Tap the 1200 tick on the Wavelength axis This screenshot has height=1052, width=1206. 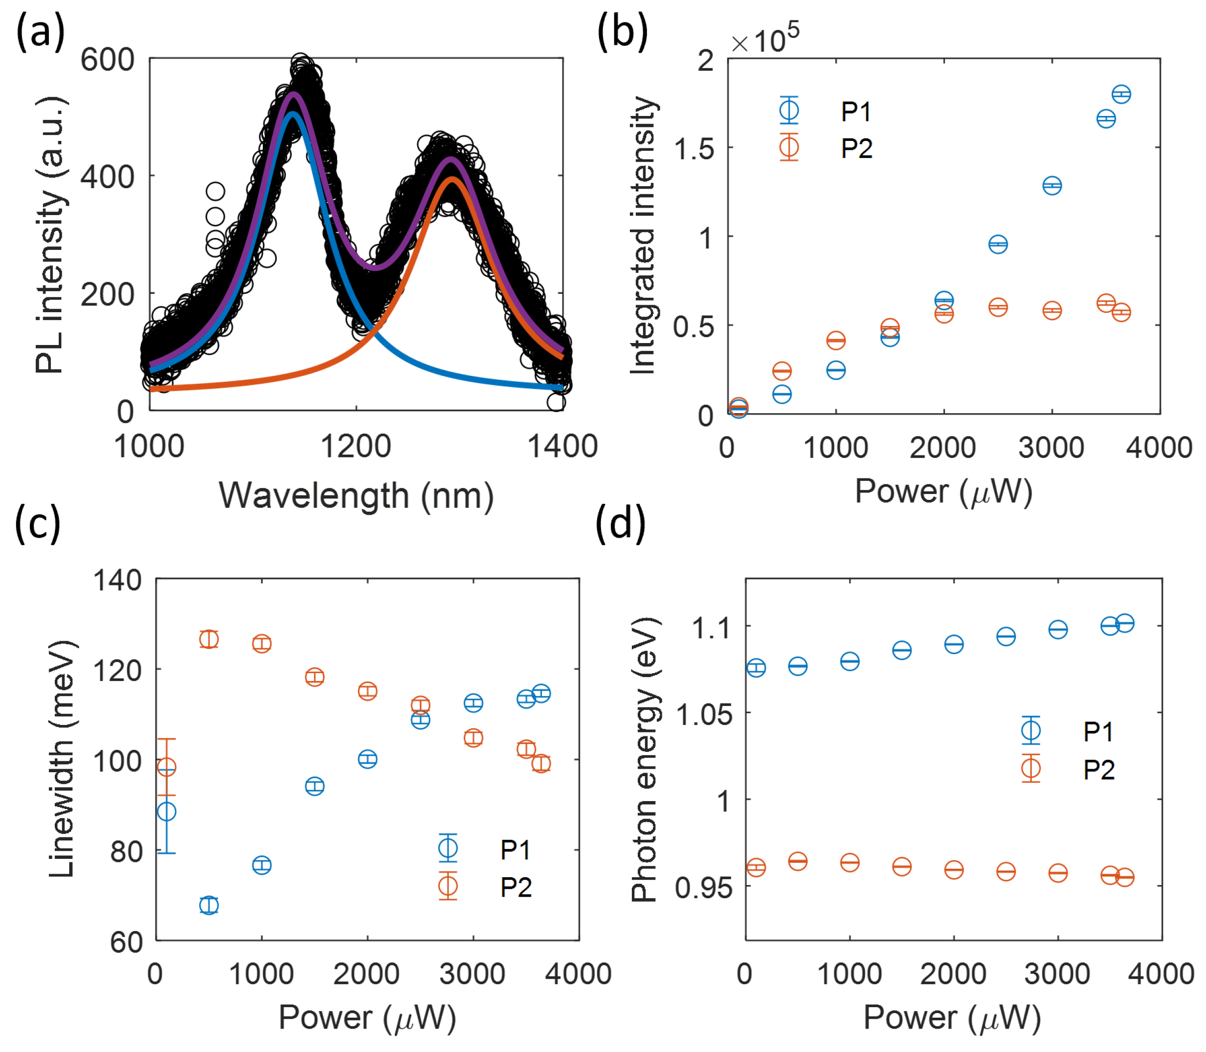tap(356, 446)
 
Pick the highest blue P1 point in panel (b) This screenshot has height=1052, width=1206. tap(1121, 94)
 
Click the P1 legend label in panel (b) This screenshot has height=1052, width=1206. tap(855, 112)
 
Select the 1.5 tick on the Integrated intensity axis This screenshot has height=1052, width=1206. tap(694, 148)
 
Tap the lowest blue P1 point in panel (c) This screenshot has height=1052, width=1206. tap(209, 905)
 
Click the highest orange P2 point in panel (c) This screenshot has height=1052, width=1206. tap(209, 639)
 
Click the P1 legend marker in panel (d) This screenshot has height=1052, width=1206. tap(1030, 730)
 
